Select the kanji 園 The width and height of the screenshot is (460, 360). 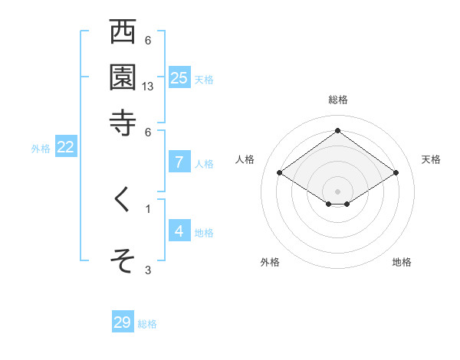click(123, 77)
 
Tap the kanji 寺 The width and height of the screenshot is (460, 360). click(123, 123)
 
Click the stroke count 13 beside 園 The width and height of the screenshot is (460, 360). click(149, 87)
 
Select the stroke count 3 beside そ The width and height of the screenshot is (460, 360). click(148, 270)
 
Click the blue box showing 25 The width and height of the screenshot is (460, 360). click(179, 78)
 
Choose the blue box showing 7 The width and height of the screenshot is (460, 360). click(179, 162)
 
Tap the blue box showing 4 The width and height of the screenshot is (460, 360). click(179, 231)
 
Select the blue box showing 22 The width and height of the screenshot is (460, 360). click(66, 148)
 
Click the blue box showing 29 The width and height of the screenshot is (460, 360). click(123, 322)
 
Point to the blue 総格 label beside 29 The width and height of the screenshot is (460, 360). click(147, 324)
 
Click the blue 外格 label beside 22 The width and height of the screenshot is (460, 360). click(41, 149)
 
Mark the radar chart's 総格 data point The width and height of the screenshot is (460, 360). click(337, 131)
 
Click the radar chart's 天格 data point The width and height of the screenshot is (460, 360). click(396, 173)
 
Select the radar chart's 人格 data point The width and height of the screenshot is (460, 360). click(280, 173)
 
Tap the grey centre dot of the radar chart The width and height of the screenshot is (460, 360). click(337, 191)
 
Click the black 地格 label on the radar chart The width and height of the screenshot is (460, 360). click(402, 262)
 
